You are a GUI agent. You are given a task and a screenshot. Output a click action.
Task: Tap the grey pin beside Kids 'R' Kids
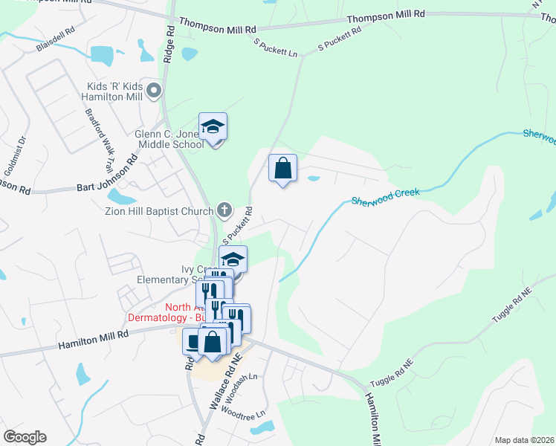coord(155,91)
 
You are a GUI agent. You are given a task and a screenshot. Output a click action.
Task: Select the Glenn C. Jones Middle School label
coord(169,139)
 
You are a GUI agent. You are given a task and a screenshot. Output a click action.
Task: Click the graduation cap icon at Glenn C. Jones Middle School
coord(213,127)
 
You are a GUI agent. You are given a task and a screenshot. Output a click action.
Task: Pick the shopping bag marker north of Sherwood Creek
coord(282,169)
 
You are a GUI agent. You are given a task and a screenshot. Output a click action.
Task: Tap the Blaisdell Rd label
coord(56,40)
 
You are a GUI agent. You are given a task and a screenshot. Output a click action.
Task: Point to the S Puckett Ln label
coord(275,49)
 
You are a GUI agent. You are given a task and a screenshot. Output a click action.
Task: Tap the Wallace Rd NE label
coord(227,382)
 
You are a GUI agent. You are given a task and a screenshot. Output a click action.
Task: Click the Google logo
coord(25,437)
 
